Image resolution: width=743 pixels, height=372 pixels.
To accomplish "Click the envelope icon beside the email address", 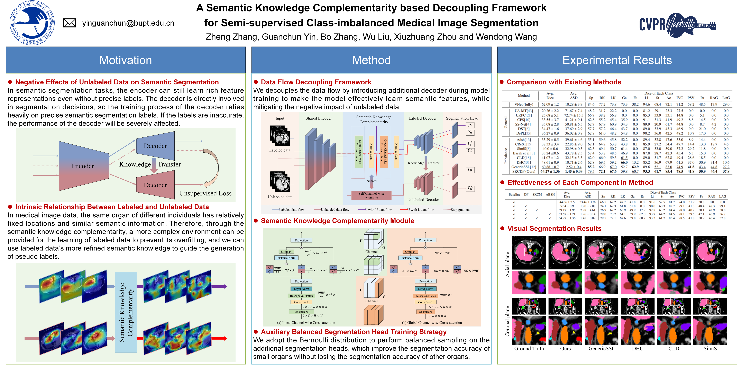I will point(70,23).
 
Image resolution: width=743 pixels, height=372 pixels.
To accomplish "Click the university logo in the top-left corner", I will point(32,23).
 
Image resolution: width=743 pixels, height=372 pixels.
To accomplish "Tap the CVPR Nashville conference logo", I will point(677,25).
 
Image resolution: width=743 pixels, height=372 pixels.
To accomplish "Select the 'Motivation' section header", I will point(126,60).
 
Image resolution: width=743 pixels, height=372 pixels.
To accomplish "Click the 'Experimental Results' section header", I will point(617,60).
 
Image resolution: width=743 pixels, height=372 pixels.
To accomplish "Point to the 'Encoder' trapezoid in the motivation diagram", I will point(83,166).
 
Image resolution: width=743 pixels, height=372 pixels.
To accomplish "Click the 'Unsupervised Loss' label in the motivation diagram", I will point(205,193).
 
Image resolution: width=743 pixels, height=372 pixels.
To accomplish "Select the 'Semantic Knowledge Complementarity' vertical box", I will point(126,312).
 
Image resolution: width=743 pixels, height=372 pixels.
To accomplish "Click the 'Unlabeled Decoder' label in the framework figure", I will point(423,200).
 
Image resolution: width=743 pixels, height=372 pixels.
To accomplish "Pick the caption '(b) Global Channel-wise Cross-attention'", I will point(432,323).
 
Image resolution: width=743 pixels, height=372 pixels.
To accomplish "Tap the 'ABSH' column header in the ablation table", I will point(550,194).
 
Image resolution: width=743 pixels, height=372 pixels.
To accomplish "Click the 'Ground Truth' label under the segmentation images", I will point(529,349).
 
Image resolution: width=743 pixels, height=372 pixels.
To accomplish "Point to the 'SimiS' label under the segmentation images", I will point(710,349).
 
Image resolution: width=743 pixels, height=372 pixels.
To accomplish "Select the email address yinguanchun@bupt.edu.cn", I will point(128,23).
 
